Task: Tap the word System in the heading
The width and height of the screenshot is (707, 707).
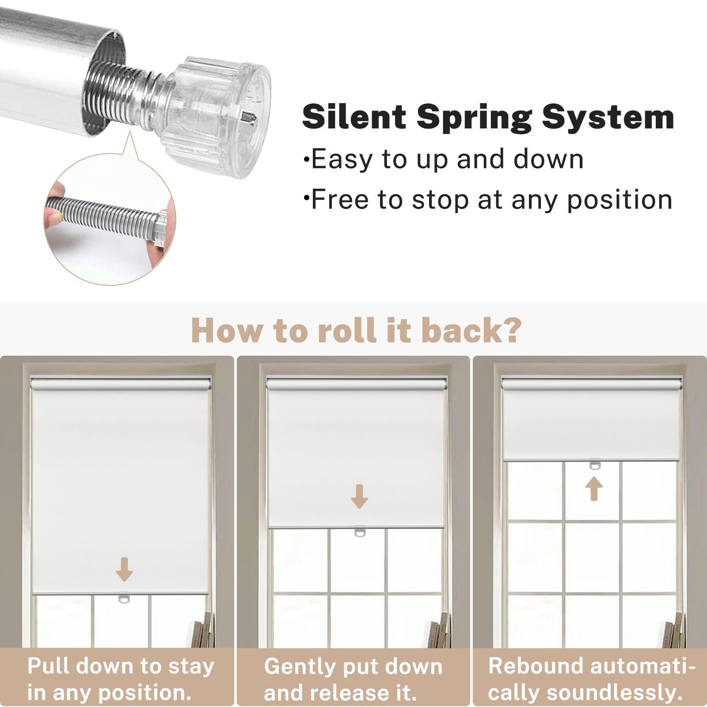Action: click(608, 117)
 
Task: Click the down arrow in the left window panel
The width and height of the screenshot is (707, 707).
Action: click(124, 569)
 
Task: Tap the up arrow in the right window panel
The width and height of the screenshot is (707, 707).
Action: click(594, 488)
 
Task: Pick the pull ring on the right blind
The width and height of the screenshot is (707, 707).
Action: click(595, 464)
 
